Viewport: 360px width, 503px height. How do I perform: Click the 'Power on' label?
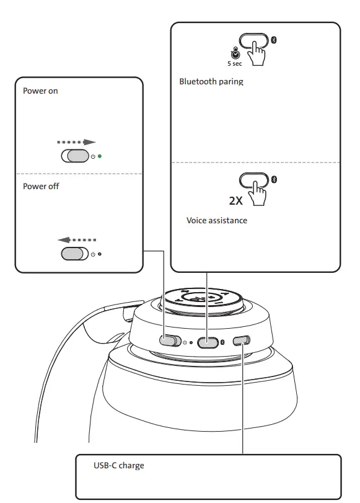pos(40,91)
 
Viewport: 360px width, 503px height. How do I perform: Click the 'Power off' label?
pos(41,186)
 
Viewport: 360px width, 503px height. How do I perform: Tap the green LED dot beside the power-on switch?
pos(100,156)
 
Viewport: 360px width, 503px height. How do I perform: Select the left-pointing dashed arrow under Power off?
pos(77,239)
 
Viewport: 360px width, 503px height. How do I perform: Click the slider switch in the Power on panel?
pos(75,156)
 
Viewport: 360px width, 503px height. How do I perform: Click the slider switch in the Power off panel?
pos(75,254)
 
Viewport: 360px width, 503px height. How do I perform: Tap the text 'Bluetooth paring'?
pos(211,81)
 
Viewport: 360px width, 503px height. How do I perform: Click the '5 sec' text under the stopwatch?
pos(235,63)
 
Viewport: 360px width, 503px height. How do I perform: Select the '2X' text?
pos(236,201)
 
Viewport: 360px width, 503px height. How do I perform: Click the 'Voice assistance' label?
pos(217,220)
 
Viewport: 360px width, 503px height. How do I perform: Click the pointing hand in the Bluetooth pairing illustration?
pos(256,55)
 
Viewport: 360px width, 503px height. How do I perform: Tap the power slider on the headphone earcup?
pos(169,341)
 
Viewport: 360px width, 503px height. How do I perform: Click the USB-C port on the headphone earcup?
pos(241,340)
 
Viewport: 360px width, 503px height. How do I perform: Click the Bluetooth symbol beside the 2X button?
pos(275,179)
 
